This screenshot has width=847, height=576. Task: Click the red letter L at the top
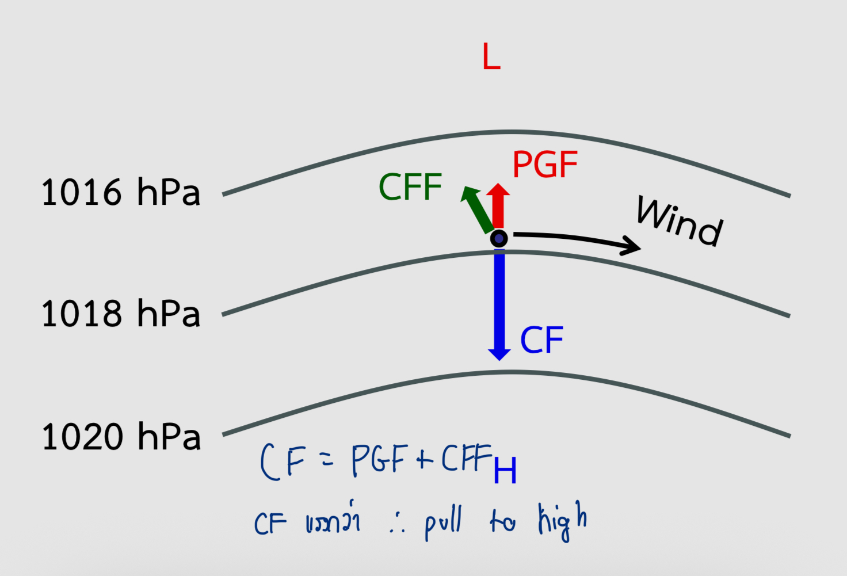tap(491, 57)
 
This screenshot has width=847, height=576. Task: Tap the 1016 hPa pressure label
tap(121, 192)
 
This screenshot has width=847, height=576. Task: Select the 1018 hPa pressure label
tap(121, 314)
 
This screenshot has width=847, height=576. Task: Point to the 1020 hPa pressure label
tap(121, 436)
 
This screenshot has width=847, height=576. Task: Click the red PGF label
tap(544, 165)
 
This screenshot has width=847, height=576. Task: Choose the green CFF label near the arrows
tap(410, 187)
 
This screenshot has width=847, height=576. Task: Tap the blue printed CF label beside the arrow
tap(541, 340)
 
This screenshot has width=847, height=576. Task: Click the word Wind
tap(680, 222)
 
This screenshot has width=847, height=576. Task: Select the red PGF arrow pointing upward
tap(498, 205)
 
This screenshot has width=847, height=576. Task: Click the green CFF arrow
tap(478, 208)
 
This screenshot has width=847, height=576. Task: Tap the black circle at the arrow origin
tap(499, 238)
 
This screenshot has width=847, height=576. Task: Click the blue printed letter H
tap(505, 471)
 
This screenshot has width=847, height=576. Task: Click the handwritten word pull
tap(443, 522)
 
